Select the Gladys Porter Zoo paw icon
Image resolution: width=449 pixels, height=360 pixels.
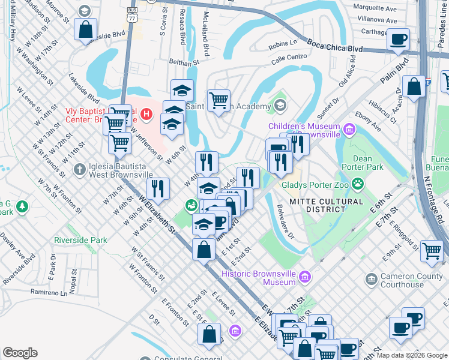point(358,183)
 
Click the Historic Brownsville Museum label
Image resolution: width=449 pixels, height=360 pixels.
point(258,277)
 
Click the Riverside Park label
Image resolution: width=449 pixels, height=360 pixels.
point(80,240)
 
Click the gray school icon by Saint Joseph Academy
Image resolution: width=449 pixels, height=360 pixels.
point(280,107)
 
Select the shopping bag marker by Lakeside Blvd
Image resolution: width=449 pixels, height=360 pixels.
point(86,29)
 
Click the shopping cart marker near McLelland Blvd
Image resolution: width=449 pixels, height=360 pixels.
point(218,100)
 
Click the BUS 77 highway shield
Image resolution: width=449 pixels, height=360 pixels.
point(132,13)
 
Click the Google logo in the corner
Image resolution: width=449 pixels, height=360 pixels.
point(20,353)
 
